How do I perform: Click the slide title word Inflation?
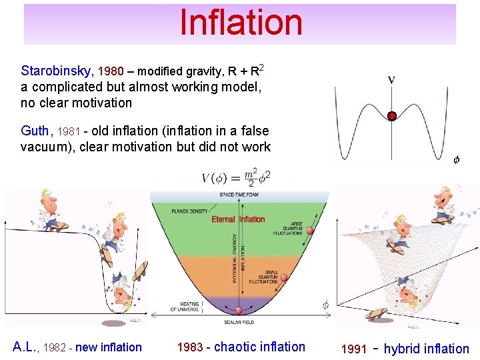(241, 23)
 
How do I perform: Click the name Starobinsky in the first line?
(57, 71)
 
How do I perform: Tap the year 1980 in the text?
(111, 71)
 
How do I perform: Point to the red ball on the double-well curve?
(392, 115)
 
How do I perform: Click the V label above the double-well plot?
(391, 80)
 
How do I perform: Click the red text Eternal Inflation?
(238, 219)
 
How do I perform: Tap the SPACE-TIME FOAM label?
(239, 195)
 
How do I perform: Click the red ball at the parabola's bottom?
(239, 311)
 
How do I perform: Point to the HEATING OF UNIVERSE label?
(185, 307)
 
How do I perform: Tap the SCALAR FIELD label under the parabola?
(239, 322)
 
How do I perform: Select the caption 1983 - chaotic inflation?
(241, 347)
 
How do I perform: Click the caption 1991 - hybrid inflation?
(405, 349)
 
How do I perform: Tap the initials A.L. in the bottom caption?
(27, 347)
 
